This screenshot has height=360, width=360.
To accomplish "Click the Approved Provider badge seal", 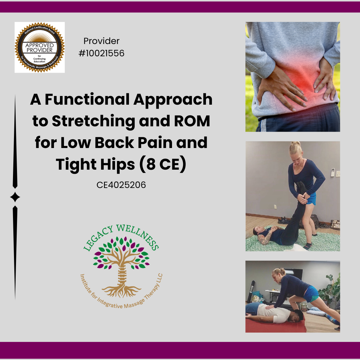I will (x=39, y=47).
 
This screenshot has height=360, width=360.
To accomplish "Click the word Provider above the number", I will (x=101, y=41).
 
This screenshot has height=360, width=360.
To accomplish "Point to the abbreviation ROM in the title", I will (x=193, y=121).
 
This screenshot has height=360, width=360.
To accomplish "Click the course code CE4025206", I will (x=121, y=185).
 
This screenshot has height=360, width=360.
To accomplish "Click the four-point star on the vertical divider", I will (x=15, y=197).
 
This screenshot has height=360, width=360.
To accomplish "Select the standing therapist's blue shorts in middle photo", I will (x=311, y=199).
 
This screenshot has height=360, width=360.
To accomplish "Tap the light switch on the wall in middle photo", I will (x=338, y=174).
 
